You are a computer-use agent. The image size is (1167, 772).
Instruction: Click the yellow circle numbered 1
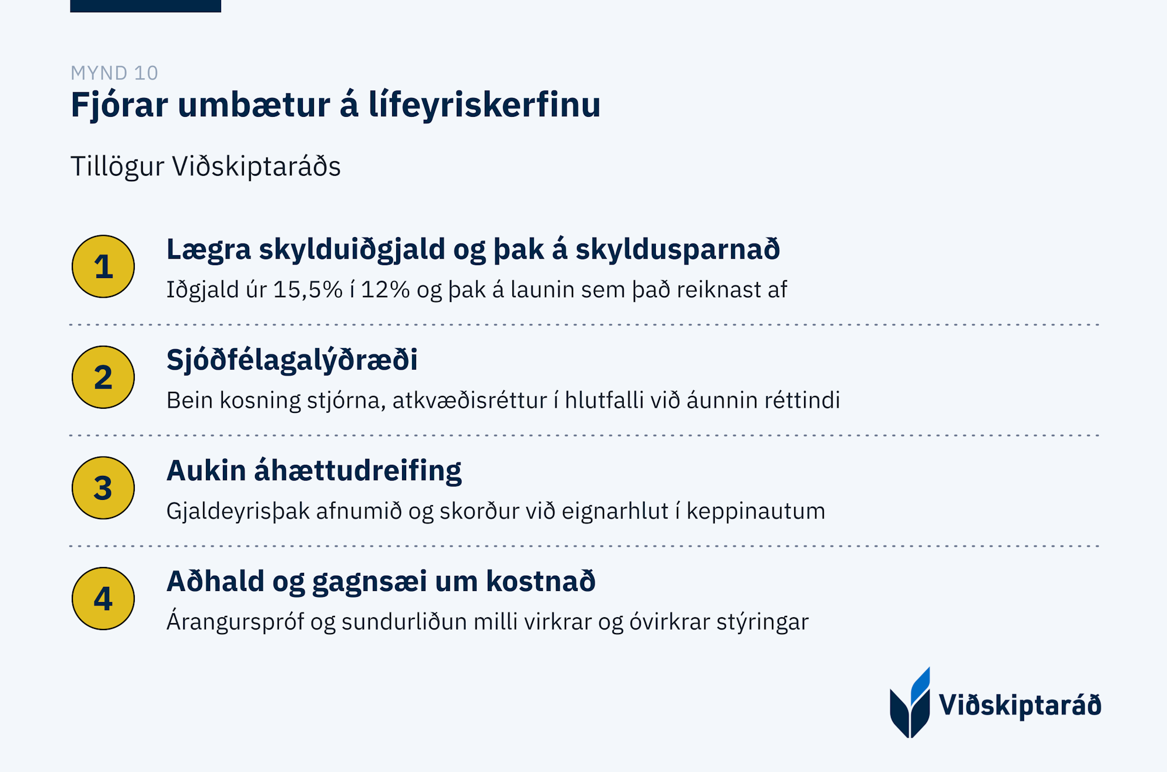point(103,267)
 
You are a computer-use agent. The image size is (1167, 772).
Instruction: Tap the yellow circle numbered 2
point(103,377)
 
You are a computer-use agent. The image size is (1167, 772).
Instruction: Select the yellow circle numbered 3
point(103,488)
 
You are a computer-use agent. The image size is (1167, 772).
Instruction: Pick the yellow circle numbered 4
point(103,599)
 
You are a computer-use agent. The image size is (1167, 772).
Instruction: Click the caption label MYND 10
point(114,73)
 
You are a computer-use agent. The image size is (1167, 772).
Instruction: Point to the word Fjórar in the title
point(120,106)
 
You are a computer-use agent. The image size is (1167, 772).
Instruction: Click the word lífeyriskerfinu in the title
point(485,105)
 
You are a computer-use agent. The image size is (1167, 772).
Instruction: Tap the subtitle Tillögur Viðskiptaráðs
point(205,166)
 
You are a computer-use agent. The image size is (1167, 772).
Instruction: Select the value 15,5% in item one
point(308,290)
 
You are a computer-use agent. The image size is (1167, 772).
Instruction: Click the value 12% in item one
point(385,290)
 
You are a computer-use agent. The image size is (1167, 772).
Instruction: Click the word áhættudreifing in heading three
point(358,471)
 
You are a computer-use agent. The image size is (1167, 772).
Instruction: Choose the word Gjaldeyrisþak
point(238,512)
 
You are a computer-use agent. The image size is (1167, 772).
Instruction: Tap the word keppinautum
point(756,512)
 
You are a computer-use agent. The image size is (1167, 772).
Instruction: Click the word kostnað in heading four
point(541,582)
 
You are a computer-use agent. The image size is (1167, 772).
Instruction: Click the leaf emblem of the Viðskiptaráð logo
point(910,704)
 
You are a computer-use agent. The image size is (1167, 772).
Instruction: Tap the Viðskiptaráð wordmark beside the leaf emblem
point(1020,705)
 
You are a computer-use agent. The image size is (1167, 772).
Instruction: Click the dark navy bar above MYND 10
point(145,6)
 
